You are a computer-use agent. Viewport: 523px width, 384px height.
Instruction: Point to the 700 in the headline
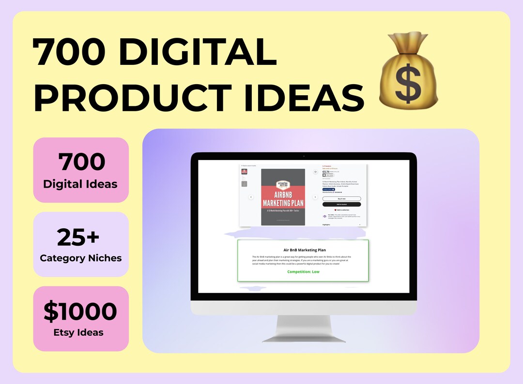tap(65, 53)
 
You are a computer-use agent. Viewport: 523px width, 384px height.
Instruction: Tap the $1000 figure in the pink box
tap(80, 312)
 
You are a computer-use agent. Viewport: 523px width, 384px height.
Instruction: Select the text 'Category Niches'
tap(80, 258)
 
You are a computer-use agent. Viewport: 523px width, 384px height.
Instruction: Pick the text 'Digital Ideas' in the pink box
tap(80, 184)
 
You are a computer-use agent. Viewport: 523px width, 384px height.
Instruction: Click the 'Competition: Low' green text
tap(303, 272)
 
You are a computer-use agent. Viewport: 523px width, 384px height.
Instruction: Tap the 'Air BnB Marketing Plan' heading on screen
tap(303, 250)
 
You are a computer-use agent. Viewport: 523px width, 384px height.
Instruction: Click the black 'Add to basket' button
tap(341, 205)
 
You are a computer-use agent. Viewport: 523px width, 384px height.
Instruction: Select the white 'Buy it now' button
tap(341, 199)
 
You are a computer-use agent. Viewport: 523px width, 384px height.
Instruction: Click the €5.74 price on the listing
tap(326, 172)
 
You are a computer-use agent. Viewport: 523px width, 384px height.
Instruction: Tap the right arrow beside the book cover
tap(315, 197)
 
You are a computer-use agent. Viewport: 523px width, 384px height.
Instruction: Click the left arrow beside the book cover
tap(251, 197)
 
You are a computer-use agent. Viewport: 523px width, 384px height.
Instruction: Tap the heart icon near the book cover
tap(315, 172)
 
